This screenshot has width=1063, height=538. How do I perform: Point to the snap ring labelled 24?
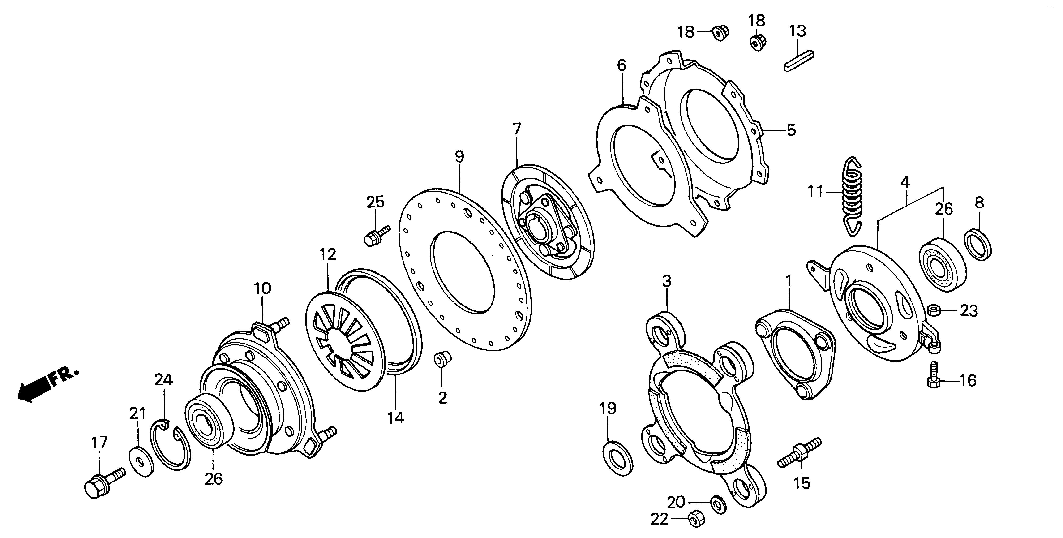click(170, 448)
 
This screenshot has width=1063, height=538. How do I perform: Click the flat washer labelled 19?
click(618, 458)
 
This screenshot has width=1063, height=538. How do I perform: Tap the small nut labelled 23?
click(933, 310)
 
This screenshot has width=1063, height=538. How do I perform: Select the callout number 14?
click(396, 418)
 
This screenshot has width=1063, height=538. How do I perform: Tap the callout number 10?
click(262, 288)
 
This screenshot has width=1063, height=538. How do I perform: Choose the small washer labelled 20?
click(718, 504)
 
